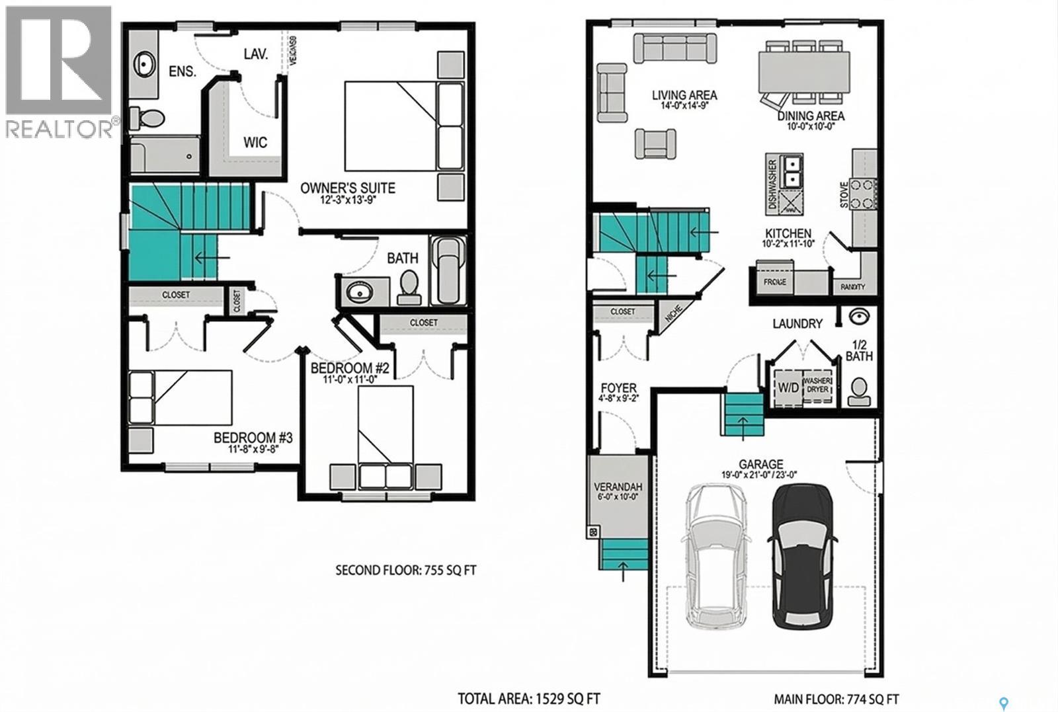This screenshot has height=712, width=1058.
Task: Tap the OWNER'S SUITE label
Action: click(x=347, y=188)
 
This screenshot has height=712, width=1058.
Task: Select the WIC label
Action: click(x=255, y=143)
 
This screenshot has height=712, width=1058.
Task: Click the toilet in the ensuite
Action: click(x=147, y=118)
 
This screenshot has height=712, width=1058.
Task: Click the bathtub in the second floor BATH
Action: click(x=448, y=270)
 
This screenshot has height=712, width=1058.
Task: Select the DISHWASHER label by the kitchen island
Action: click(x=772, y=184)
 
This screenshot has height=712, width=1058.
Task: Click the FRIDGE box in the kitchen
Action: click(x=774, y=281)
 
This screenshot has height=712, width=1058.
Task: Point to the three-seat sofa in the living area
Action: click(x=674, y=48)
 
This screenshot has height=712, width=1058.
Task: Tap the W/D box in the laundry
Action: click(x=788, y=387)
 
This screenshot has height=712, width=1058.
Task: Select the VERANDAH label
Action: click(x=618, y=487)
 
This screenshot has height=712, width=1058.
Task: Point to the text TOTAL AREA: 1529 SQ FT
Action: click(x=529, y=698)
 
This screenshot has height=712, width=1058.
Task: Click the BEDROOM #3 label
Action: click(x=253, y=438)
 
